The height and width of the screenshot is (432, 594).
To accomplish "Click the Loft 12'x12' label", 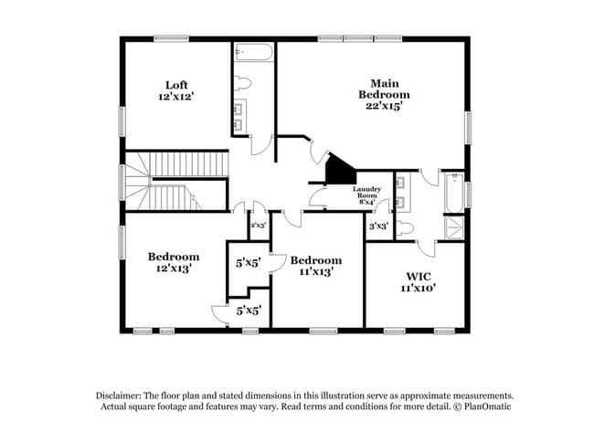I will [x=175, y=91].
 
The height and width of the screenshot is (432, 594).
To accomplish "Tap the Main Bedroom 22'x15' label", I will [x=383, y=94].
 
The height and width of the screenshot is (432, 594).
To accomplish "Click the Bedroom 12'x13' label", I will [x=173, y=263].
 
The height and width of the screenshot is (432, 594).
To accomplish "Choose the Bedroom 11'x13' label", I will [x=315, y=265].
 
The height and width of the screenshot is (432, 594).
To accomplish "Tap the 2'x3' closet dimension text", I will [x=258, y=224].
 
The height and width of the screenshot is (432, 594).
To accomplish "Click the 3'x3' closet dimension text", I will [x=378, y=225].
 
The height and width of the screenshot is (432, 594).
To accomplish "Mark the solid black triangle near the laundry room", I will [x=340, y=169].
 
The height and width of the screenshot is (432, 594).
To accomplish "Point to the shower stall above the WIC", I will [x=454, y=227].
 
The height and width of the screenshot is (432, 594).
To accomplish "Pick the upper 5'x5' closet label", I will [x=249, y=262].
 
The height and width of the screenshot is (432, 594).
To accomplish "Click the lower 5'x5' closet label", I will [x=249, y=311].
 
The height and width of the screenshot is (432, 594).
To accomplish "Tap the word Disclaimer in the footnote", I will [x=122, y=395].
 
